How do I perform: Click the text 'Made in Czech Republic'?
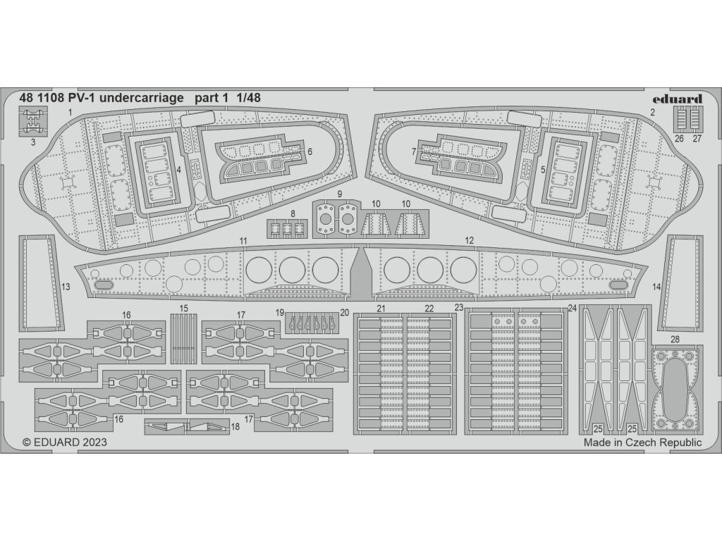[642, 442]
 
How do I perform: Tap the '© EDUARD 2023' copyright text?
[65, 442]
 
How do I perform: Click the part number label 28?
[675, 340]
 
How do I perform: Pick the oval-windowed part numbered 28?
[676, 387]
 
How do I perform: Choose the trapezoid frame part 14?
[681, 283]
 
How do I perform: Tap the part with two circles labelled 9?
[337, 220]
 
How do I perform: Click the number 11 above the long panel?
[243, 241]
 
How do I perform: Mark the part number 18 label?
[234, 426]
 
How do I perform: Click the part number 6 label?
[310, 151]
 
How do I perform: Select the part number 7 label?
[414, 151]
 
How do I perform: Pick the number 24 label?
[572, 308]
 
